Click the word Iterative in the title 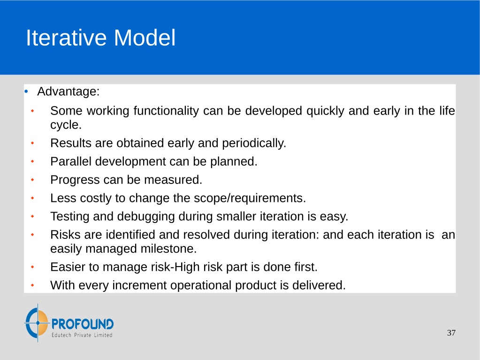click(66, 38)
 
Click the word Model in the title click(145, 38)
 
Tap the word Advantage click(68, 92)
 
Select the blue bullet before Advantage click(26, 91)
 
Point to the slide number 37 click(451, 333)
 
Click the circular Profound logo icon click(37, 323)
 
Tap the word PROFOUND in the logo click(83, 324)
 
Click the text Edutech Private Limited click(82, 335)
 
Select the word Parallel click(71, 161)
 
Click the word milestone click(168, 249)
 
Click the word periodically click(254, 143)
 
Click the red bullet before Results click(32, 143)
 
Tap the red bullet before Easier click(32, 267)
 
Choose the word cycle click(66, 125)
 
